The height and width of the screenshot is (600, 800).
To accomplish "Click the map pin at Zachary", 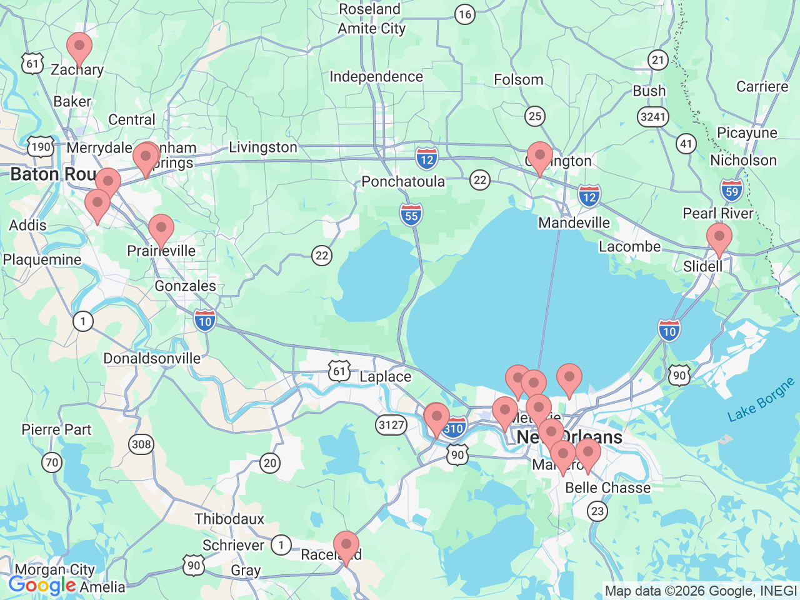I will [79, 47].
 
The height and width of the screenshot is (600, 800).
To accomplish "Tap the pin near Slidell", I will [719, 239].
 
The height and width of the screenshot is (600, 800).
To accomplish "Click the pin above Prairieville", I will [161, 229].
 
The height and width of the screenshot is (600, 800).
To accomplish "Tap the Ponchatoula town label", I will [403, 182].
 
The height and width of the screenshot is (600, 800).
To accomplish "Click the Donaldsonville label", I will [152, 359].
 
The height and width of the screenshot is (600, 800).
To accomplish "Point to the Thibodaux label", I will [229, 519].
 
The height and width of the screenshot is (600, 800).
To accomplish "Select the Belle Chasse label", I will [607, 488].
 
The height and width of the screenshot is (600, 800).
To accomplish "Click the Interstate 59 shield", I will [731, 191].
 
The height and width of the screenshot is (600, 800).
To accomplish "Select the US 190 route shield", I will [41, 147].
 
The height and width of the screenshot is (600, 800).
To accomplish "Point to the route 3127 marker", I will [391, 426].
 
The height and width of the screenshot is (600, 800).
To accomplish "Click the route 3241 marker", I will [653, 117].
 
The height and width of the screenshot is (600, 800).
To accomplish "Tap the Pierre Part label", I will [56, 430].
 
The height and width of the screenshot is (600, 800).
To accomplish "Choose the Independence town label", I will [376, 77].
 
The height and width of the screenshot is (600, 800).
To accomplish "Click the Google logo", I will [42, 586].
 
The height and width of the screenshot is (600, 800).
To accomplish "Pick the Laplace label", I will [385, 377].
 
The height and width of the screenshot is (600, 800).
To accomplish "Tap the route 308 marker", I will [141, 444].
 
